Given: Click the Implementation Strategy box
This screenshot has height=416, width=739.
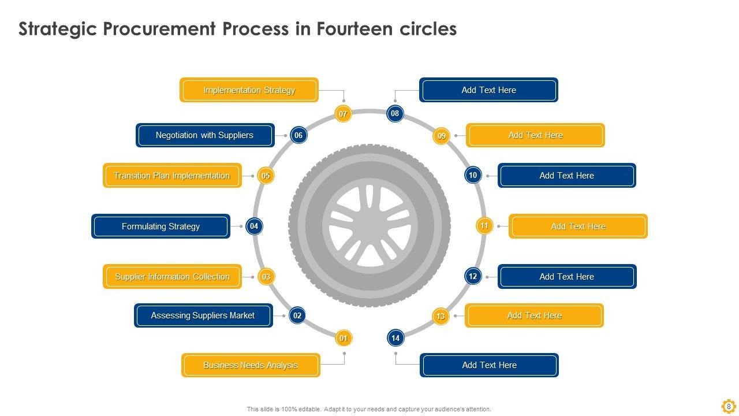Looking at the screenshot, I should [249, 90].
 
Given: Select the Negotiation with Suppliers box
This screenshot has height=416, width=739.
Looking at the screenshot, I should [205, 135].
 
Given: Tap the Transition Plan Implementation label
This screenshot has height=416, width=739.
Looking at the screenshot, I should [172, 176].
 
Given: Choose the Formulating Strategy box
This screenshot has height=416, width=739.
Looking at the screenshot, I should [161, 226].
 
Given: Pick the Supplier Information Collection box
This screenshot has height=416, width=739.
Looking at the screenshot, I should [172, 277].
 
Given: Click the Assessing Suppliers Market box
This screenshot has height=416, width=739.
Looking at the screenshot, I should [203, 315].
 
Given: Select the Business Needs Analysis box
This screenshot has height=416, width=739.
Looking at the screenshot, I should [251, 365].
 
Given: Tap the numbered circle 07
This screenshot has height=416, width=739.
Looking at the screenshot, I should [343, 114].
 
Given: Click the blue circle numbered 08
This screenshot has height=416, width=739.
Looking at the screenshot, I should [395, 113].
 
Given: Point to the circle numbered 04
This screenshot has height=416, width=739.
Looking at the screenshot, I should [254, 226].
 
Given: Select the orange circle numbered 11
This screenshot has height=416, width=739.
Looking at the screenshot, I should [484, 226].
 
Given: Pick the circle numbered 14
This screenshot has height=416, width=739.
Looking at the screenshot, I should [395, 338].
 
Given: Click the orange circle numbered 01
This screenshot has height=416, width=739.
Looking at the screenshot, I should [344, 338].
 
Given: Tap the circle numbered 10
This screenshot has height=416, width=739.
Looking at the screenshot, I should [473, 175].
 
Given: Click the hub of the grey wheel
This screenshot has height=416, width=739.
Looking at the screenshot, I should [369, 225].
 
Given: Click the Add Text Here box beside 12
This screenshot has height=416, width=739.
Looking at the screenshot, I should [567, 277].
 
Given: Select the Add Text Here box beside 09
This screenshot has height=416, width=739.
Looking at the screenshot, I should [535, 135].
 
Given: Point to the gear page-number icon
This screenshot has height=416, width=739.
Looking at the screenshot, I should [729, 406].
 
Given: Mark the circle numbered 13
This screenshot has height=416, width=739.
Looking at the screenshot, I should [441, 316].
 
